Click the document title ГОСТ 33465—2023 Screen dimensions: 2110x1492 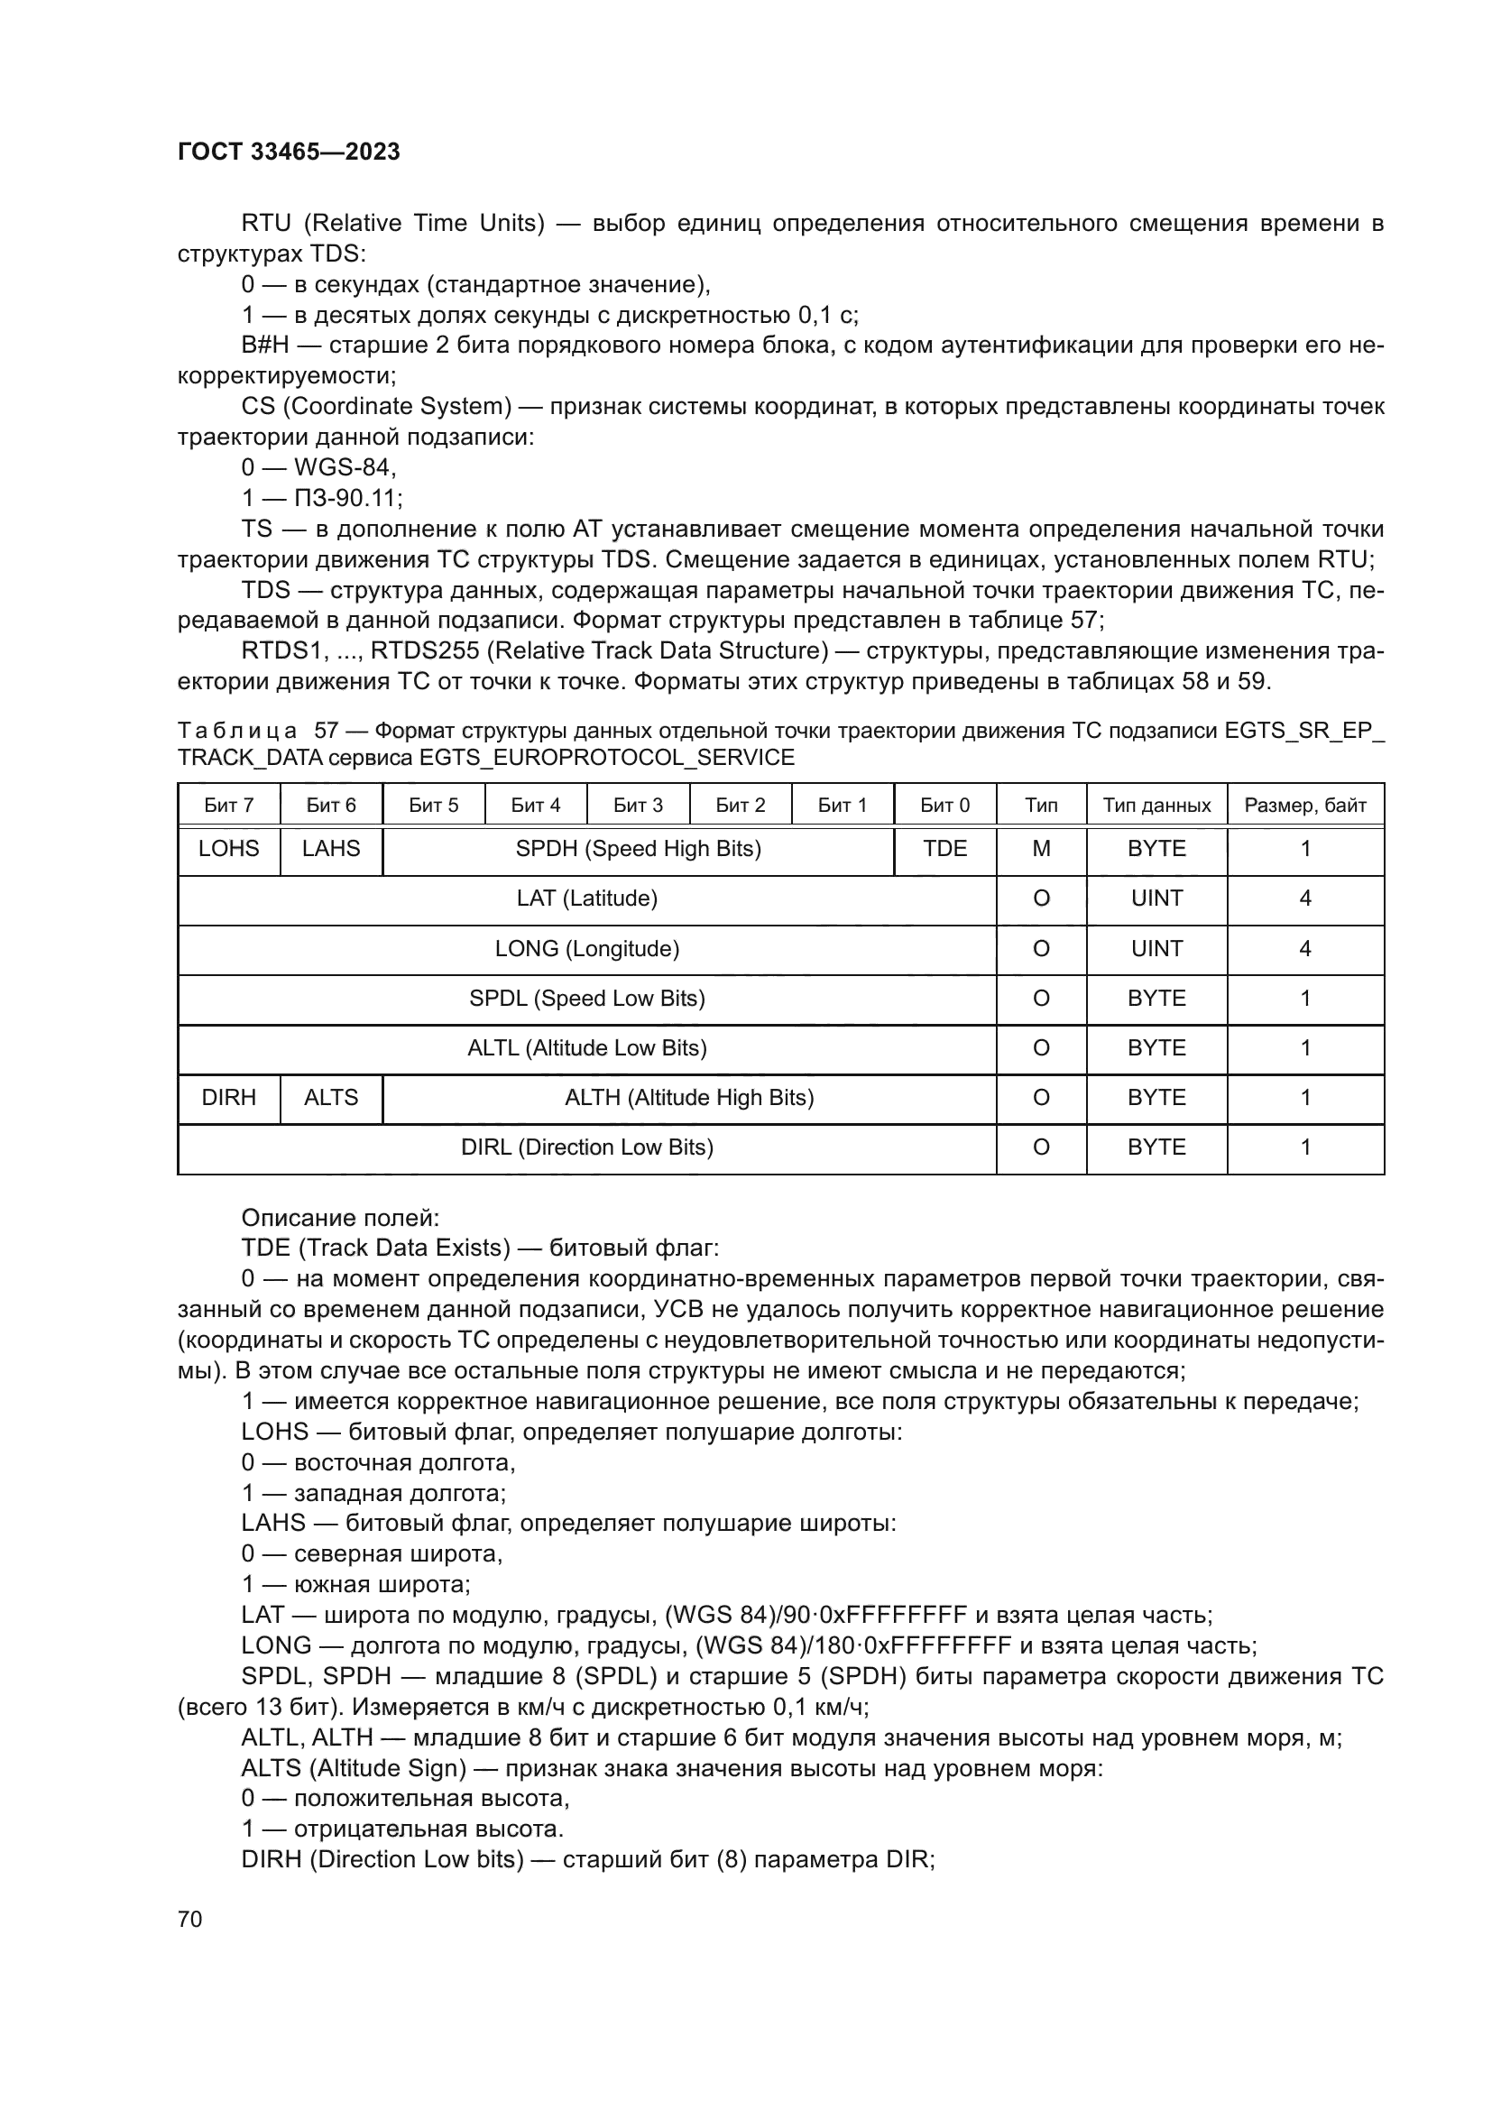[289, 152]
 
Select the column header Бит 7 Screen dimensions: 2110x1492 [229, 806]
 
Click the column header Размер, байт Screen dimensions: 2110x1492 [1304, 806]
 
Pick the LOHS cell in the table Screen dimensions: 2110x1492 [229, 849]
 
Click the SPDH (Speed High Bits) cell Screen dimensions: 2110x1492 [638, 849]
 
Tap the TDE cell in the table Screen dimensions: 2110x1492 [944, 849]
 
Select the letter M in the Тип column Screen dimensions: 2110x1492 [1041, 849]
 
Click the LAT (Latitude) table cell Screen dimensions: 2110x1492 [586, 898]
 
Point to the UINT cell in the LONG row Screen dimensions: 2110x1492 [1156, 949]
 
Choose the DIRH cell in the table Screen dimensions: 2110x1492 [229, 1098]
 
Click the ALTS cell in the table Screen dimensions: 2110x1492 [331, 1098]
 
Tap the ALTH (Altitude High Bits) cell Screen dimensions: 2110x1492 [689, 1098]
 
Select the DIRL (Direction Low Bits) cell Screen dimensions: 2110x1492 [586, 1147]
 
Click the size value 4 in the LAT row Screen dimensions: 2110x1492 [1304, 898]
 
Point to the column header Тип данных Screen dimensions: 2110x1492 [1156, 806]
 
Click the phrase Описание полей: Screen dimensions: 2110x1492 [340, 1219]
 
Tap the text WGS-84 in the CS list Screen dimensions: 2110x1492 [344, 469]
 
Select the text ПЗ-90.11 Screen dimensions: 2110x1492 [347, 499]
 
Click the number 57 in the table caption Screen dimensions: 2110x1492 [327, 732]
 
